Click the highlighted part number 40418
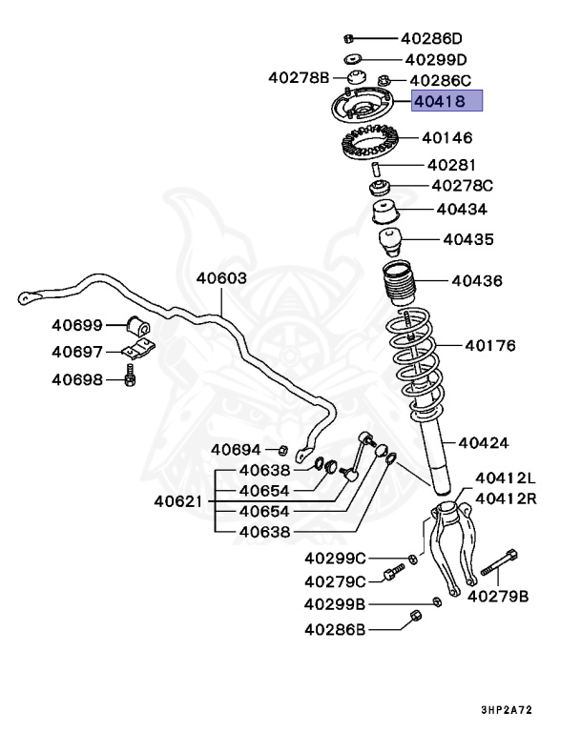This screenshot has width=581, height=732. pyautogui.click(x=446, y=101)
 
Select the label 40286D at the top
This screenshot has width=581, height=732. pyautogui.click(x=430, y=39)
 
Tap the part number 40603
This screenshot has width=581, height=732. pyautogui.click(x=221, y=278)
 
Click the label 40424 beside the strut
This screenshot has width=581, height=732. pyautogui.click(x=483, y=442)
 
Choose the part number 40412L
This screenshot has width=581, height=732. pyautogui.click(x=506, y=478)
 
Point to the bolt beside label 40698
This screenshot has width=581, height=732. pyautogui.click(x=131, y=378)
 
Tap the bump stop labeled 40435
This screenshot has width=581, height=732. pyautogui.click(x=391, y=241)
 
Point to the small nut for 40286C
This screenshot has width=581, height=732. pyautogui.click(x=384, y=80)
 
